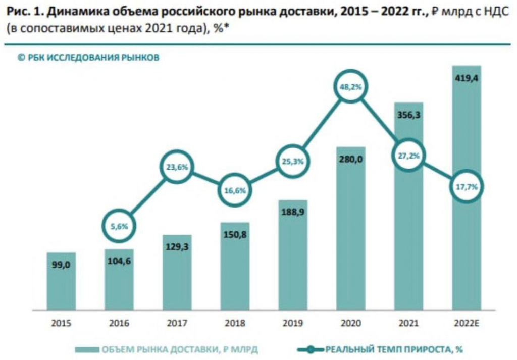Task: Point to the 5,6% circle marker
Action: [119, 226]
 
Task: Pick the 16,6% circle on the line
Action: [235, 190]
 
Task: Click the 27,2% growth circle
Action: [409, 156]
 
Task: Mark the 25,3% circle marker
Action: [293, 162]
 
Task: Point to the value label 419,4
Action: [467, 77]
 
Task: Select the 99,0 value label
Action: [61, 265]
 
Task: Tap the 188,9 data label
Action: [293, 213]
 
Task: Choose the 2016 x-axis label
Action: [119, 323]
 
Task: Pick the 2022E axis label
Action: [467, 323]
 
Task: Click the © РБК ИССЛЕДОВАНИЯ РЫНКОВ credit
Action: [88, 58]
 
